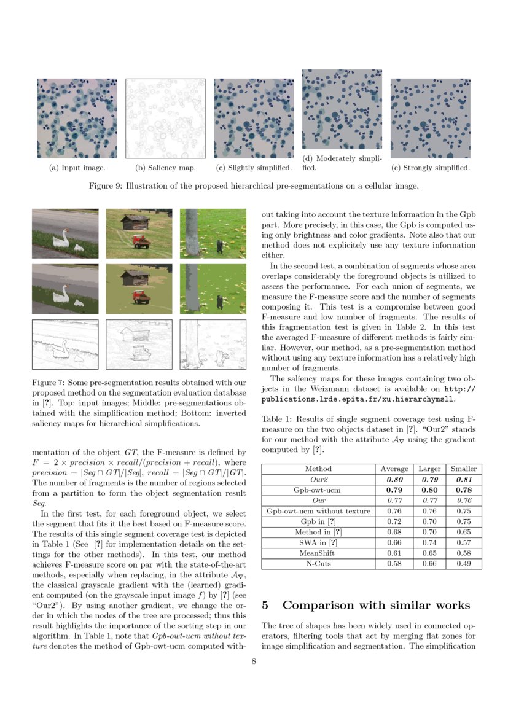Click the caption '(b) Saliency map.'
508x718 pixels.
coord(165,168)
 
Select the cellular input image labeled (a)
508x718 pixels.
coord(77,119)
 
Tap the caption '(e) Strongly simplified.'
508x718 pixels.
coord(431,168)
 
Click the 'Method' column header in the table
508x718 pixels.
coord(318,469)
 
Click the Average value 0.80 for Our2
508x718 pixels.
coord(395,479)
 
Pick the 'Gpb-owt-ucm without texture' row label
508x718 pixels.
coord(318,511)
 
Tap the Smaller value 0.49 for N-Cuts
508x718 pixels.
coord(463,564)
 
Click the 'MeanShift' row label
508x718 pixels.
coord(318,553)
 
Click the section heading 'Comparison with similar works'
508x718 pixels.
coord(376,605)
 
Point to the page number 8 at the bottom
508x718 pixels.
coord(254,661)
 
